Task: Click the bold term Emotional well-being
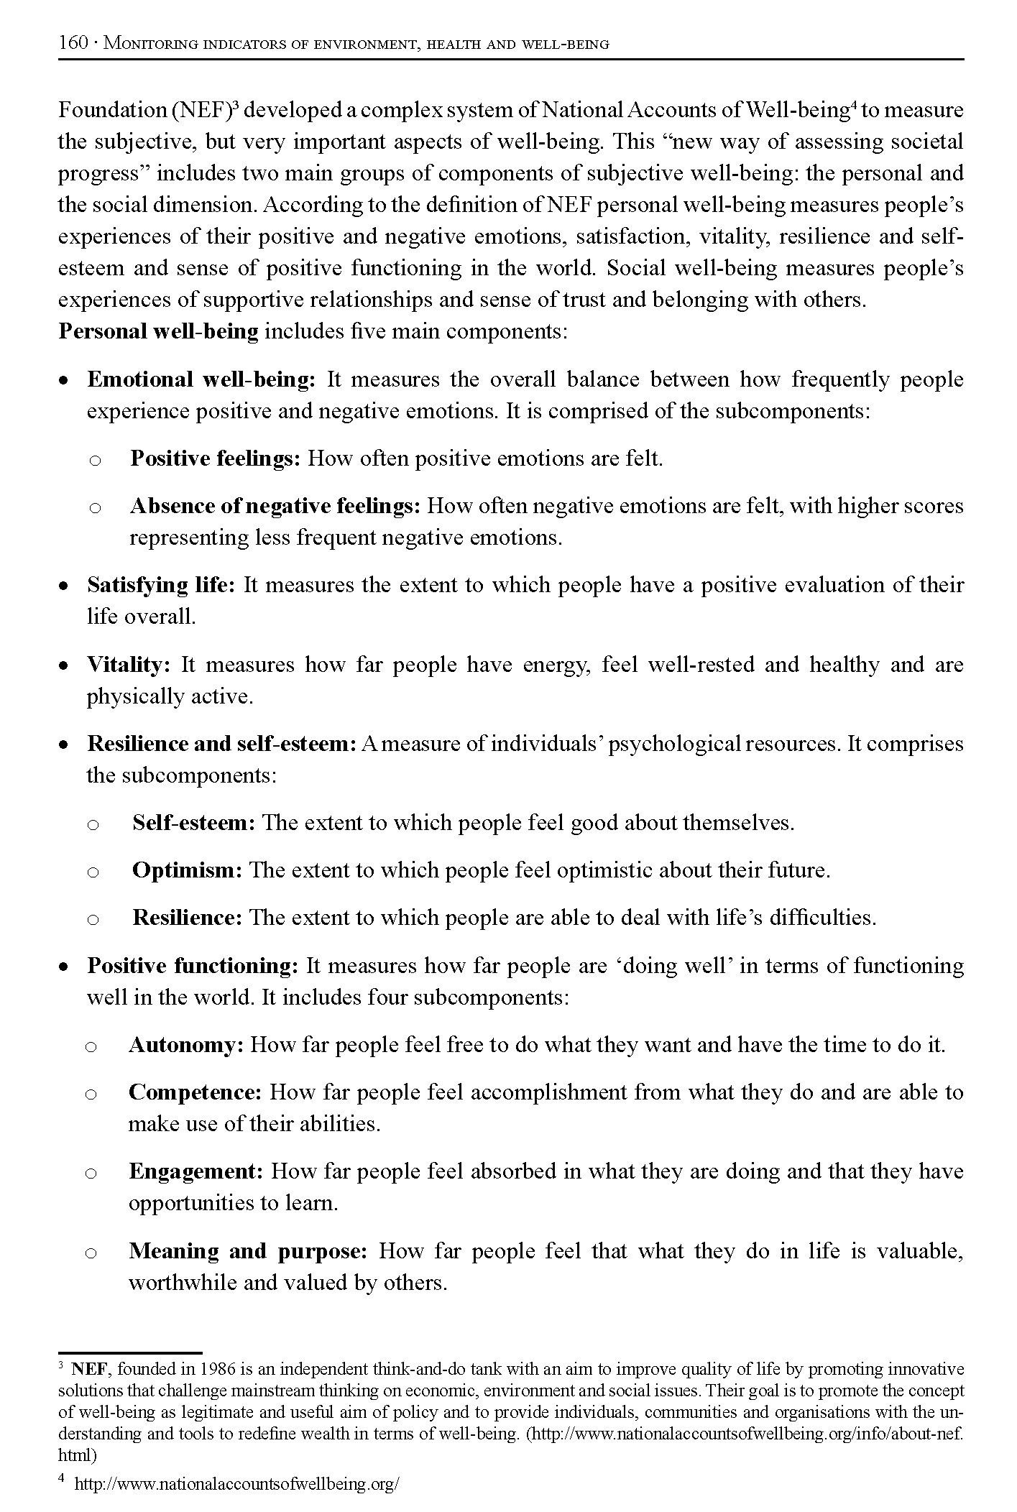tap(201, 379)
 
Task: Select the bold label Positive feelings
tap(215, 458)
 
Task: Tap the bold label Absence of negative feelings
tap(275, 506)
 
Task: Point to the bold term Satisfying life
tap(161, 585)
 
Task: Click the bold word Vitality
tap(128, 665)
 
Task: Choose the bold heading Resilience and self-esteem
tap(221, 744)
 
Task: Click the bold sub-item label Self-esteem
tap(193, 823)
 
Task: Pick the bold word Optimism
tap(187, 870)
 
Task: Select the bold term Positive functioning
tap(192, 966)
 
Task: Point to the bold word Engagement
tap(195, 1171)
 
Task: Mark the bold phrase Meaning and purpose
tap(248, 1251)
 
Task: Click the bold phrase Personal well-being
tap(158, 331)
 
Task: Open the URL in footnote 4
tap(236, 1484)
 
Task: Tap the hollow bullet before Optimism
tap(93, 872)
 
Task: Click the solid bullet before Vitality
tap(65, 666)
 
